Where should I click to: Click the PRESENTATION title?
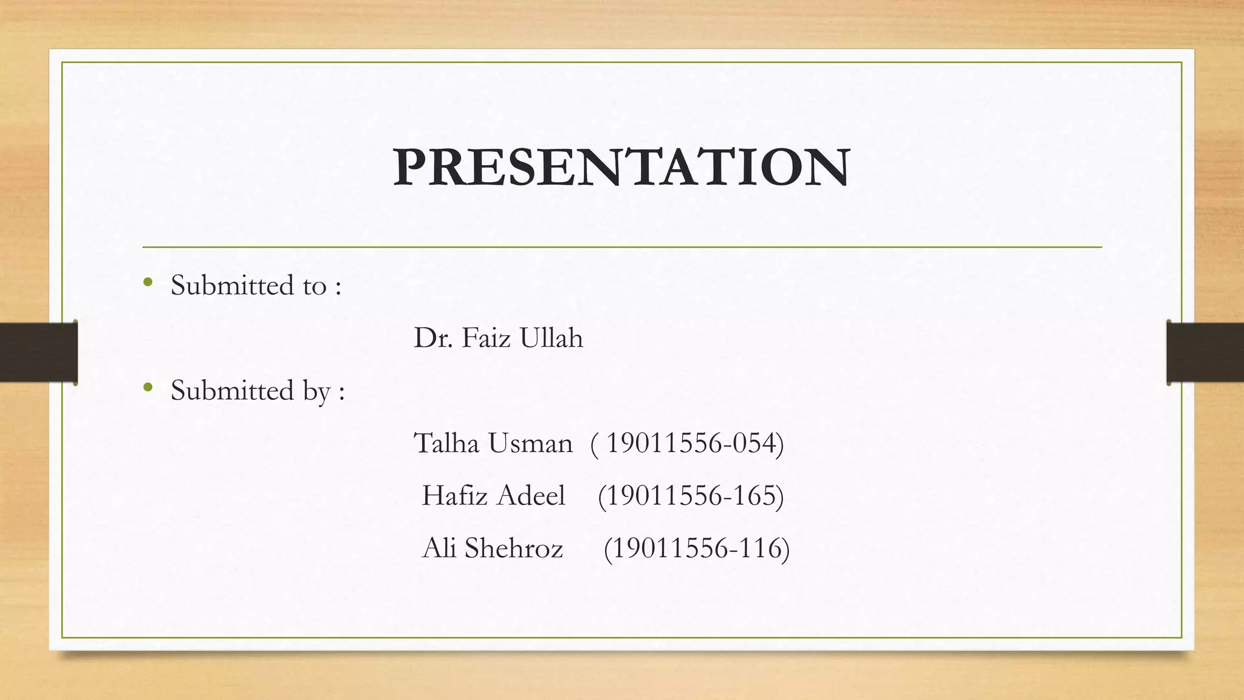pyautogui.click(x=621, y=167)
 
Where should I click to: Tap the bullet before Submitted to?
pyautogui.click(x=148, y=282)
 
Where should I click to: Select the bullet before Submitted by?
pyautogui.click(x=148, y=386)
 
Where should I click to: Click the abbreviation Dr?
pyautogui.click(x=433, y=338)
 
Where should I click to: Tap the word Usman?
pyautogui.click(x=530, y=443)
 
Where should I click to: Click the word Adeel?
pyautogui.click(x=531, y=496)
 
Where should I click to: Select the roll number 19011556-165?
pyautogui.click(x=691, y=496)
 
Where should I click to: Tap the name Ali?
pyautogui.click(x=439, y=548)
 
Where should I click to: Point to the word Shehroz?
pyautogui.click(x=514, y=548)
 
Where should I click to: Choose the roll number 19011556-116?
pyautogui.click(x=697, y=548)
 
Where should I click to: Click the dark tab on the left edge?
pyautogui.click(x=38, y=352)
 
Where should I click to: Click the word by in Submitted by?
pyautogui.click(x=316, y=391)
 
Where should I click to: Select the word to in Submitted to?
pyautogui.click(x=314, y=286)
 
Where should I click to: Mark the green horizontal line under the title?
pyautogui.click(x=621, y=247)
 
